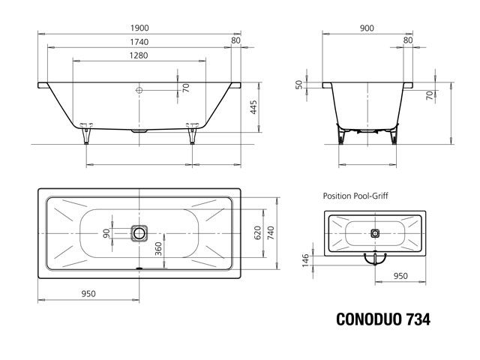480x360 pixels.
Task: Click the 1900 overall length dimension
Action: [x=139, y=27]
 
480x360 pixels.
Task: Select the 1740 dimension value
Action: [x=139, y=43]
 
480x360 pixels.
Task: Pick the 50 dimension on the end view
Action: [x=299, y=85]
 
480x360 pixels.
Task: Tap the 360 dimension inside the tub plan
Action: [x=158, y=248]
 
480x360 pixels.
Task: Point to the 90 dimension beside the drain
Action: [x=107, y=232]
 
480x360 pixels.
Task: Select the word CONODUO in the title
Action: [x=365, y=317]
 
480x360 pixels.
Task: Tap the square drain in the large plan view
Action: [x=139, y=232]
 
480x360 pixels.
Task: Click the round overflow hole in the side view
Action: [x=139, y=89]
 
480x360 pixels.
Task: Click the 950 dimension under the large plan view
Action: [x=89, y=294]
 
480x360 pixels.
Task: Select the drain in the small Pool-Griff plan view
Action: [x=374, y=232]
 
